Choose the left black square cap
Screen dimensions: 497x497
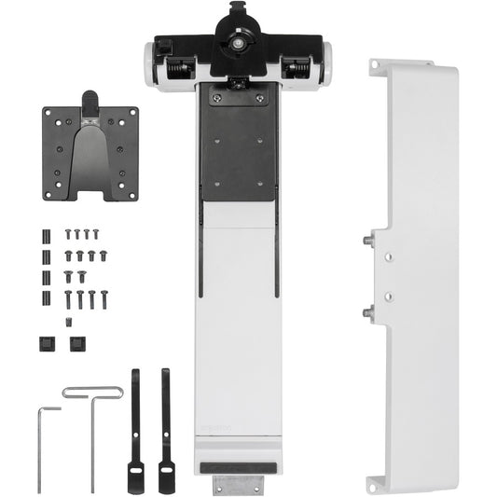[46, 343]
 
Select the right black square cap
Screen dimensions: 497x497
[76, 343]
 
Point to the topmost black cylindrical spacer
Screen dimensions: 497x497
[46, 233]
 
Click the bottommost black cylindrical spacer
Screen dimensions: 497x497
[46, 298]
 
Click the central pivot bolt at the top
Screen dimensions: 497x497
[242, 42]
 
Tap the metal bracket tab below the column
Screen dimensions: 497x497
[239, 484]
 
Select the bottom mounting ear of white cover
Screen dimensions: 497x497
[377, 483]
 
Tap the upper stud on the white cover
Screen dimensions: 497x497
[365, 240]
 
